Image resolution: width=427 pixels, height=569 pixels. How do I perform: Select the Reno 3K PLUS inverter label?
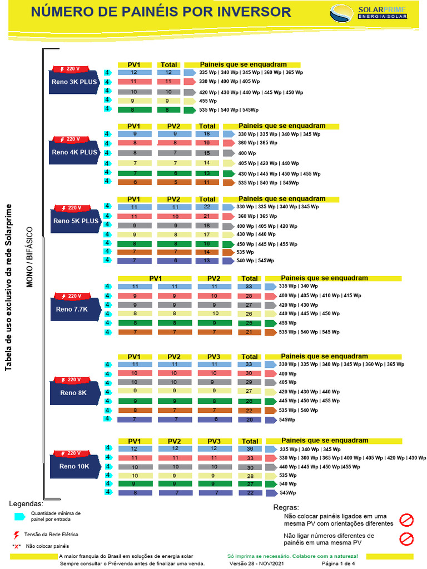[75, 82]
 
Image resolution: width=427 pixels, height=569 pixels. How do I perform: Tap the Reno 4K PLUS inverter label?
[75, 152]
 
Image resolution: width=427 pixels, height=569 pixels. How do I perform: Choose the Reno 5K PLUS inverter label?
[76, 221]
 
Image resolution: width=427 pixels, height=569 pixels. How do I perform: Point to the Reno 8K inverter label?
[75, 392]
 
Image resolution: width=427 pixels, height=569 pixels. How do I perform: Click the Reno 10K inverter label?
[75, 466]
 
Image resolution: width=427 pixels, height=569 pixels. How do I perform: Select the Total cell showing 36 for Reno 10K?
[250, 449]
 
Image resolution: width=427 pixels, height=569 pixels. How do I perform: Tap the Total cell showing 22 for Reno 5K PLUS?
[207, 207]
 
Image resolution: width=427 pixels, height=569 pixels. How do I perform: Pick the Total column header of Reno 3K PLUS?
[168, 65]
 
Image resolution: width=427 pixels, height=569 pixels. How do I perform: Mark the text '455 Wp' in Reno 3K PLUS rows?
[208, 101]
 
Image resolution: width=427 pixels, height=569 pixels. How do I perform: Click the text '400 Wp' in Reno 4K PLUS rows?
[247, 153]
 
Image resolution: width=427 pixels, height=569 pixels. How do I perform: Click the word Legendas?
[26, 503]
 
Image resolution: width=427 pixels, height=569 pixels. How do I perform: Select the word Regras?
[286, 507]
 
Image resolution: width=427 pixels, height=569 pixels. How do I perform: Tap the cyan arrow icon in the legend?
[19, 516]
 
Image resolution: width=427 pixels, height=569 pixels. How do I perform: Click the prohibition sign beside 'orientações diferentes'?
[407, 520]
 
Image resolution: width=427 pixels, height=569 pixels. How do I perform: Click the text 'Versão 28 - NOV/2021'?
[256, 563]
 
